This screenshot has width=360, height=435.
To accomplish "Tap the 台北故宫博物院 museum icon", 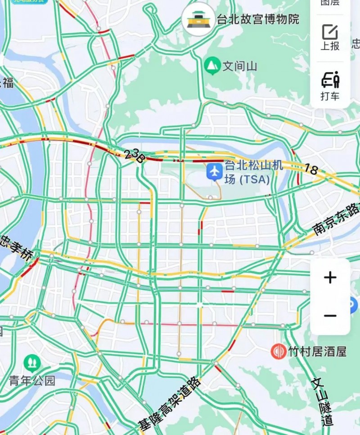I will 198,19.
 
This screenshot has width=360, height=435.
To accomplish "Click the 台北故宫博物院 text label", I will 258,19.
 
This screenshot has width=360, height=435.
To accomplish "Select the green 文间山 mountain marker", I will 211,66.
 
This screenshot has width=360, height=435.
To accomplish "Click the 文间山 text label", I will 240,67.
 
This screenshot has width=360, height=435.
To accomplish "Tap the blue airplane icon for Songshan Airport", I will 215,171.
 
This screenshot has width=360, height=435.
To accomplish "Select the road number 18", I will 311,170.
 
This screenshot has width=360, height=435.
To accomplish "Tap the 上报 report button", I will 330,37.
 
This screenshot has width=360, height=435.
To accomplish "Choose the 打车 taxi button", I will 330,86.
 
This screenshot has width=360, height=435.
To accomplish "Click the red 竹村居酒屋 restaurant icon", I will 278,351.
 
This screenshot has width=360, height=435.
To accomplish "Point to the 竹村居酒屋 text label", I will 317,352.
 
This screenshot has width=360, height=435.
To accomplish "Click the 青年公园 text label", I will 32,381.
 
